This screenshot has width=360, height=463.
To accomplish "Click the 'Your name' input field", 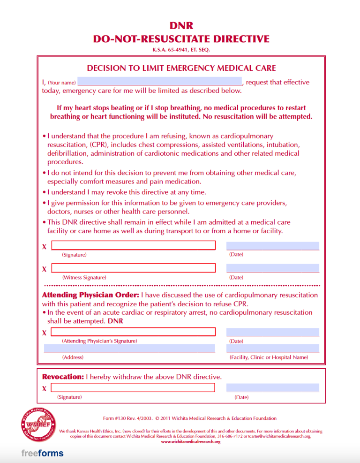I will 159,82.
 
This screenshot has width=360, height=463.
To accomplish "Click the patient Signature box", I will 133,245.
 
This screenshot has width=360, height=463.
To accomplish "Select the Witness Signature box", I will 133,268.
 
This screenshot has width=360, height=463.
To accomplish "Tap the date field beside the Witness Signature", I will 272,268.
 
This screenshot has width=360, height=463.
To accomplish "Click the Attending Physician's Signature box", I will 133,332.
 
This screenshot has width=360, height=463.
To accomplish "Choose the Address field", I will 129,348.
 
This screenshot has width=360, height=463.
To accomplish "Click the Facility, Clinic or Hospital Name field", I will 272,348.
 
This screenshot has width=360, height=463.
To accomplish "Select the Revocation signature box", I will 133,387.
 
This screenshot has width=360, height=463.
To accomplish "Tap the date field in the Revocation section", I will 272,387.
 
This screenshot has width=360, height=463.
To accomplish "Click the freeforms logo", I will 42,453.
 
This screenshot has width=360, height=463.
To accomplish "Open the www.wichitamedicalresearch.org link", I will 190,441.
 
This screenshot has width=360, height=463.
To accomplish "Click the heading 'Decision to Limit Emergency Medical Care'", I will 181,68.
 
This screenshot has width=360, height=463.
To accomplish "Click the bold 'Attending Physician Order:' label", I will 90,296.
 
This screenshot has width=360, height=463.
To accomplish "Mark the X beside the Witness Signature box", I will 44,269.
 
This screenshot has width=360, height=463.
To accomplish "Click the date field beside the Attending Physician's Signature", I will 272,332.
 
